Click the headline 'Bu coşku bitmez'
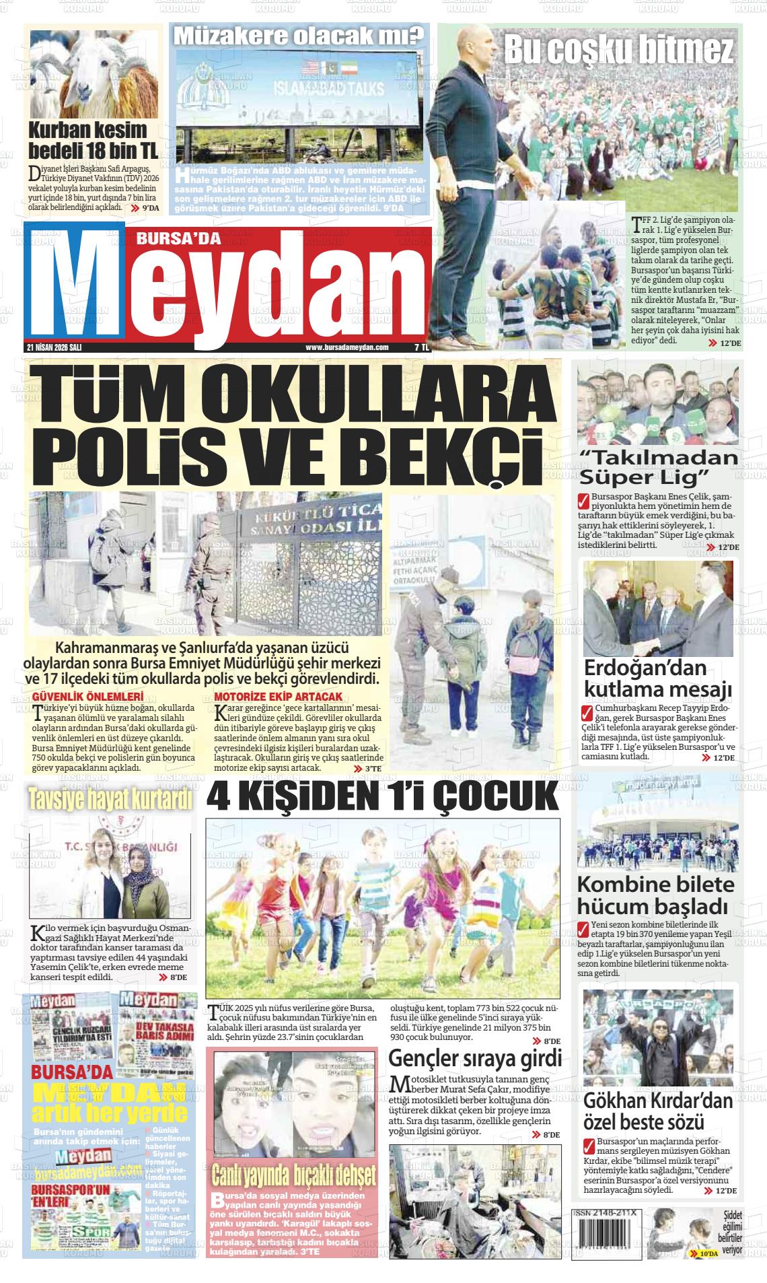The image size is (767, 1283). (619, 48)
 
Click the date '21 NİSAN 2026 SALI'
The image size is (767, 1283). (54, 347)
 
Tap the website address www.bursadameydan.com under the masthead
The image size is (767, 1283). (347, 347)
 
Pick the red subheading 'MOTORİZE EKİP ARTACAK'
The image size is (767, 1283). (278, 696)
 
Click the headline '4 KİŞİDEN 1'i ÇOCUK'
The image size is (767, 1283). (382, 796)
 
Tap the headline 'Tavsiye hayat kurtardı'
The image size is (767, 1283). (110, 798)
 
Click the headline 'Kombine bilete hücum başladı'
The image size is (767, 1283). (656, 895)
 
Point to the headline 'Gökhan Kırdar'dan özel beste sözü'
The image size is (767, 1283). (657, 1111)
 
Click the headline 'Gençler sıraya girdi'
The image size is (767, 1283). (475, 1058)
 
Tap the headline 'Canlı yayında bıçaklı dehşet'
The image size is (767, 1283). (293, 1175)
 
